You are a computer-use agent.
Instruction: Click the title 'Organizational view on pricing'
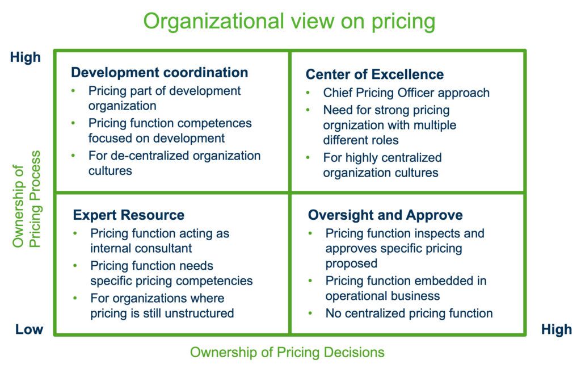tap(289, 22)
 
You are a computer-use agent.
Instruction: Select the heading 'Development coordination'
tap(159, 73)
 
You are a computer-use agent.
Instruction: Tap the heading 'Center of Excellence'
tap(374, 74)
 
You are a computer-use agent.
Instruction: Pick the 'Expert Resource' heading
tap(129, 215)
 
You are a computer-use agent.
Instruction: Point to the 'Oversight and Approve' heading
tap(385, 215)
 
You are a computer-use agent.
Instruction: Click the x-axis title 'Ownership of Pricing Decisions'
tap(287, 352)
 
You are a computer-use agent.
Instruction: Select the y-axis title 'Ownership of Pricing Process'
tap(27, 199)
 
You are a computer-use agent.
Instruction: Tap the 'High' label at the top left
tap(26, 57)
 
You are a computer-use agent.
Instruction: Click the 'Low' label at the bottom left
tap(29, 330)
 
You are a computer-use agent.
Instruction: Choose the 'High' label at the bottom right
tap(556, 330)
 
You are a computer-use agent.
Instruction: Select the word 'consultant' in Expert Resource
tap(162, 248)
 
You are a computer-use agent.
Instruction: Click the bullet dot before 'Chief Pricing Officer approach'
tap(308, 93)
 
